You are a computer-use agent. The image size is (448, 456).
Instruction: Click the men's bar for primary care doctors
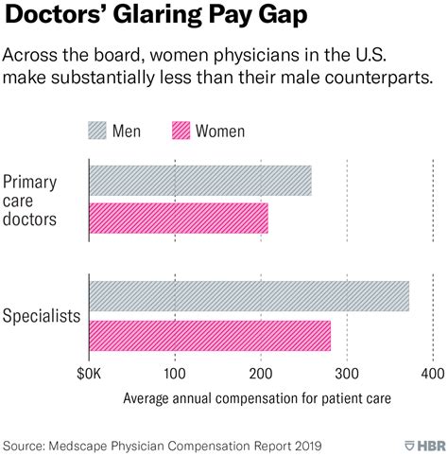click(199, 181)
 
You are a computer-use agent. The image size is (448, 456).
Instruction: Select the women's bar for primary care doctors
click(178, 219)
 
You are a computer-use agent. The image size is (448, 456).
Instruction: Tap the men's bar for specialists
click(249, 296)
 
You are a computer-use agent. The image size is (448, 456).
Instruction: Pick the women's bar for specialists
click(210, 335)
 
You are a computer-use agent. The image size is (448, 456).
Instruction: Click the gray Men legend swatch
click(105, 131)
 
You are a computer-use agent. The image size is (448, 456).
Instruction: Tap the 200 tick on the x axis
click(261, 376)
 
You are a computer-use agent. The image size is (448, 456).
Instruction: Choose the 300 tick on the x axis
click(347, 376)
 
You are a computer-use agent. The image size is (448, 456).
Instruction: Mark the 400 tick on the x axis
click(433, 376)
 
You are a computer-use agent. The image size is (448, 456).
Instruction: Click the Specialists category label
click(41, 315)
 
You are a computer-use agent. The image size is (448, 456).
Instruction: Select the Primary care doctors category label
click(30, 201)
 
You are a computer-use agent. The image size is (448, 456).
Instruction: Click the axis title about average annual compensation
click(256, 399)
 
